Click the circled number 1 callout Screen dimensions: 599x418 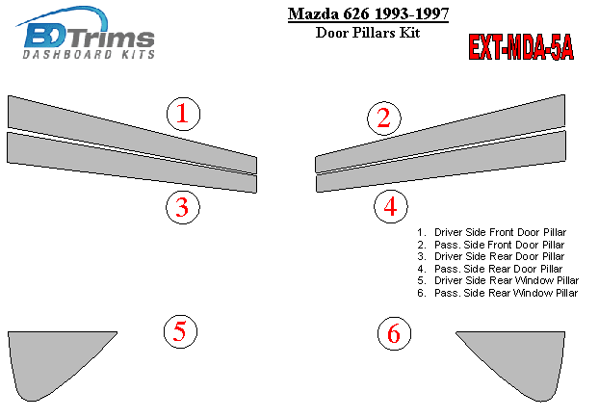(183, 114)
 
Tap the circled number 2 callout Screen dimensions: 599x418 (384, 118)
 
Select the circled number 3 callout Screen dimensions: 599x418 (183, 207)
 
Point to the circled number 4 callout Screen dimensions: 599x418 (390, 207)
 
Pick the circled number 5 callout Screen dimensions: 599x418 (180, 331)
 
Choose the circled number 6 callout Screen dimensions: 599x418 (394, 333)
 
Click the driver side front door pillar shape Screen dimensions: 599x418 (132, 135)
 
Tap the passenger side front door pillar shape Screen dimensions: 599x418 (440, 134)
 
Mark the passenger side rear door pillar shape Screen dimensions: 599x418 (441, 161)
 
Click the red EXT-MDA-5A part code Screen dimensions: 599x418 (521, 47)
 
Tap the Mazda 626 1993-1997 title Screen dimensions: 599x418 (368, 14)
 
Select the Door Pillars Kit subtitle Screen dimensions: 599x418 (368, 33)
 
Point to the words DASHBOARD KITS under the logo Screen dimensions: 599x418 (89, 54)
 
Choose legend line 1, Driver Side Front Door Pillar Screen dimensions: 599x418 (492, 232)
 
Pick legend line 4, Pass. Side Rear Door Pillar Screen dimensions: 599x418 (490, 269)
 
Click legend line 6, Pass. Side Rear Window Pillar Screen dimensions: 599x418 (497, 293)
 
